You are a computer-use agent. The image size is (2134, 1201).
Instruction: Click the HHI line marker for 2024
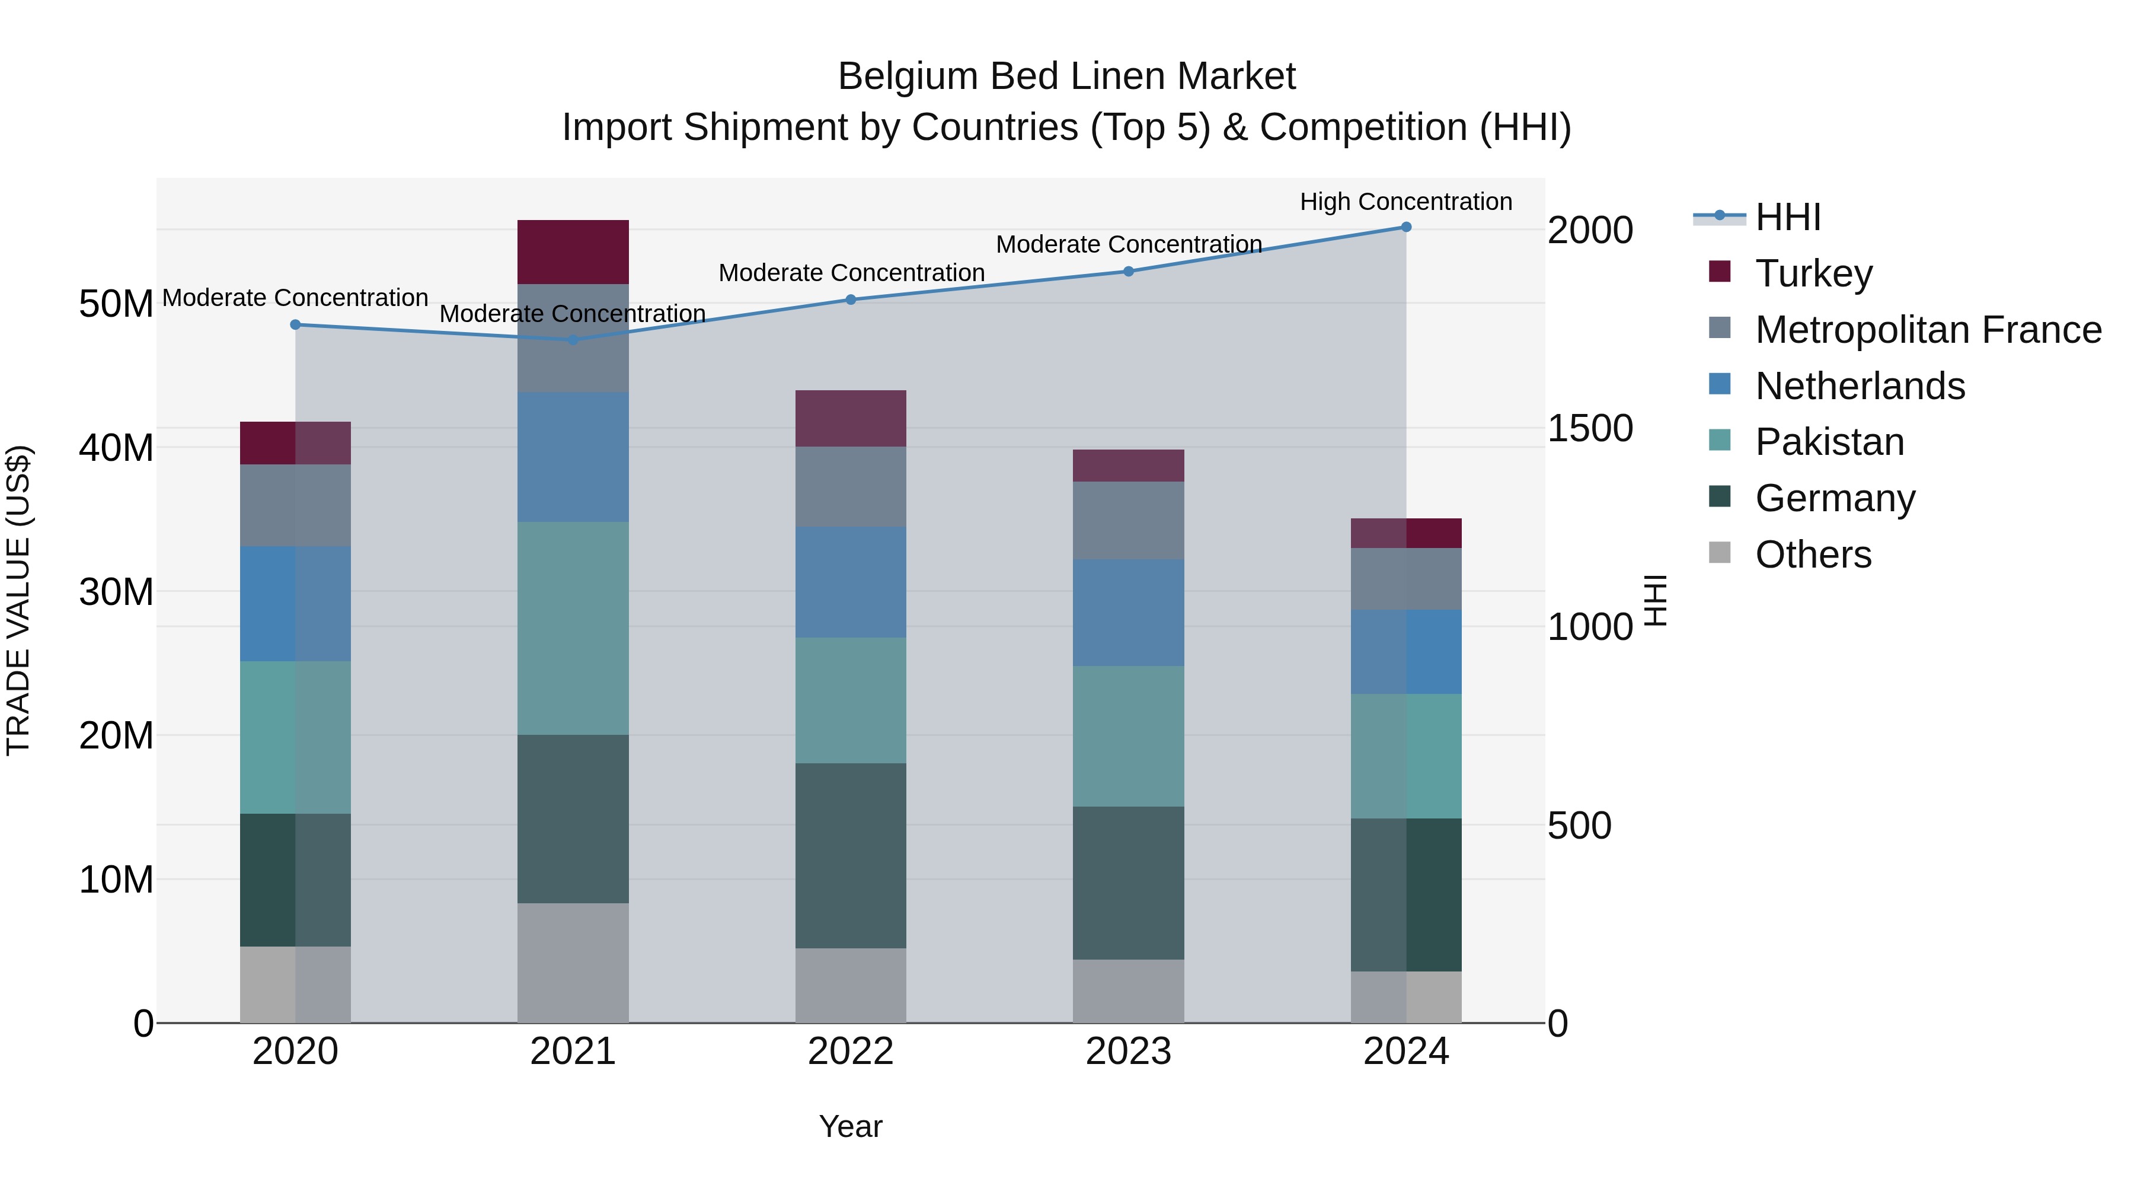(1406, 227)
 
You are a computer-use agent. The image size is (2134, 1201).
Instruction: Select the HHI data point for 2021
(573, 340)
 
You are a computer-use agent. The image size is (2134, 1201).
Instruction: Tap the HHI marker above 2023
(1128, 271)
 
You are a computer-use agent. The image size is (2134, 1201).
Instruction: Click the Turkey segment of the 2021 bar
(573, 252)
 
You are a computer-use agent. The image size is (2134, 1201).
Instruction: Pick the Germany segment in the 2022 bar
(851, 855)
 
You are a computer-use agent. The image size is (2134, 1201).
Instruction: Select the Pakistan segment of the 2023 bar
(1128, 736)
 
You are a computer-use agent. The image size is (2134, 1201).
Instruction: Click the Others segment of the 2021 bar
(573, 963)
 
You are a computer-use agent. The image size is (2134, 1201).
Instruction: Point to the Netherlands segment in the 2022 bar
(851, 582)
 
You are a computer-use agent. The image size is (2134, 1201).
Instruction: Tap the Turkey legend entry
(1813, 273)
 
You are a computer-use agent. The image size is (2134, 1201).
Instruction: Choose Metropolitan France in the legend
(1928, 330)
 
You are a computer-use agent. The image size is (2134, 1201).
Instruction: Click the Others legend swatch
(1720, 553)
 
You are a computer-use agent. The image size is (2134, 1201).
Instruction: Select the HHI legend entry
(1788, 217)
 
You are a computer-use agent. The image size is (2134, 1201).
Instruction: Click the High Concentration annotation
(1406, 202)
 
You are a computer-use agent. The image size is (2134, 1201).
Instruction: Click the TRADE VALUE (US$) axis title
(18, 600)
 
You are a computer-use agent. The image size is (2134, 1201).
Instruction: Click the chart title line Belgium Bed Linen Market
(1066, 77)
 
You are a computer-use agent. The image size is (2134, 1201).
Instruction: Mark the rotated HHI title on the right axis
(1655, 600)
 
